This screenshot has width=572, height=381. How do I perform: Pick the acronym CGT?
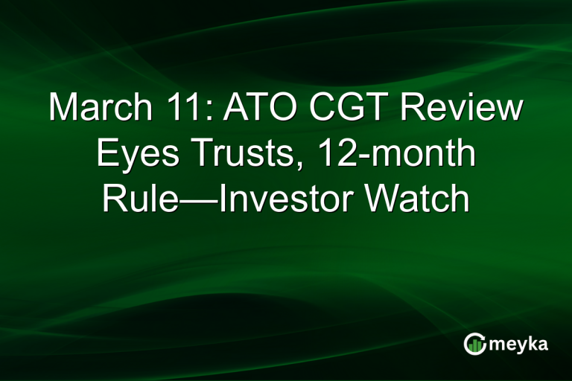point(345,109)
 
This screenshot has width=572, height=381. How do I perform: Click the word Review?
point(458,109)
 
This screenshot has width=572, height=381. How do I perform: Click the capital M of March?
point(64,109)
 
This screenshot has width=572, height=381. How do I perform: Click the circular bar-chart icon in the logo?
point(474,344)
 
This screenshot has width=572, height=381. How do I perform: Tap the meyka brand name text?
point(521,345)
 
